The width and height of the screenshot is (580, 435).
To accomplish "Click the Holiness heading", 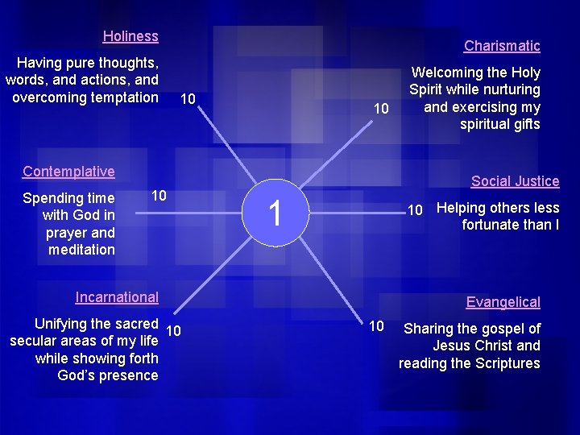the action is coord(130,36).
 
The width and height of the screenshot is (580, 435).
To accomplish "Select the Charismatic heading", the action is coord(502,46).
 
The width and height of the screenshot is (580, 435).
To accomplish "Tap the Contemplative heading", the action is coord(68,172).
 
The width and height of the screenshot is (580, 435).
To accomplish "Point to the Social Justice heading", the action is coord(515,181).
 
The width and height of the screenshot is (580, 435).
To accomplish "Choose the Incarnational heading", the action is coord(117,297).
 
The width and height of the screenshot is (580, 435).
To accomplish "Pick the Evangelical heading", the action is coord(503,302).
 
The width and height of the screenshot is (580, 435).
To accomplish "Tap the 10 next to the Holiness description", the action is coord(188,100).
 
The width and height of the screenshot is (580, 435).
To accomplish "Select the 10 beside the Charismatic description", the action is coord(382,109).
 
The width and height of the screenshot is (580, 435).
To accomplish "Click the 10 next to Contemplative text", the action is coord(159,196).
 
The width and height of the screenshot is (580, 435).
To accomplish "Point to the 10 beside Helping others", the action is coord(415,211).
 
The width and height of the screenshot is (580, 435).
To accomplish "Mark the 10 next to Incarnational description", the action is coord(173,330).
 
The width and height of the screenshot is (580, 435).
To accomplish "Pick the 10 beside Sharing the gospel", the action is coord(376,325).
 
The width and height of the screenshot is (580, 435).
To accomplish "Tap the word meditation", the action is coord(81,250).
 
